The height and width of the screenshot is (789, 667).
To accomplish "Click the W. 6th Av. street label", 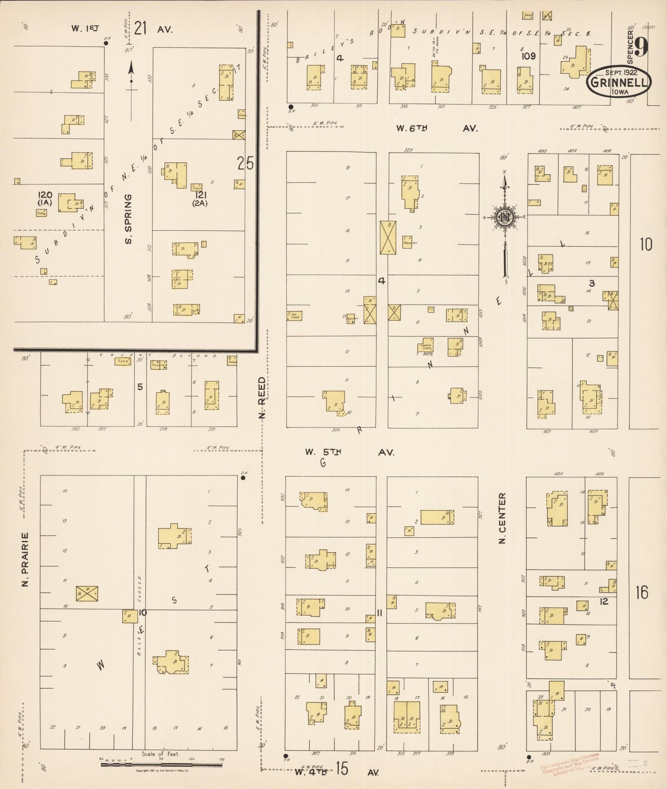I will click(436, 129).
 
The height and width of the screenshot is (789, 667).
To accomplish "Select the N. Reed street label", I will click(262, 398).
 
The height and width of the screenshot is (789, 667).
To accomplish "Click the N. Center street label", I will click(502, 517).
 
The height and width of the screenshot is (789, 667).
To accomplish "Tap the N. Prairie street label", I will click(25, 559).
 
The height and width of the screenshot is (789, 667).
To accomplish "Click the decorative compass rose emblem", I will click(505, 217).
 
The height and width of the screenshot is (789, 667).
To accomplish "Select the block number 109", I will click(529, 56).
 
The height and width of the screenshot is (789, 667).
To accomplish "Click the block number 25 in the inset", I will click(245, 163).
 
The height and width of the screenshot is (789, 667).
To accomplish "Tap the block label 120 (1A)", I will click(45, 199).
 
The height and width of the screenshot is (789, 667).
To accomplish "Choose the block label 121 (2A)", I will click(200, 199).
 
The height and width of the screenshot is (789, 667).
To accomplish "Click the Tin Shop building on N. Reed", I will click(294, 316).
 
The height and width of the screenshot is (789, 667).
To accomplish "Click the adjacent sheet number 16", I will click(642, 592).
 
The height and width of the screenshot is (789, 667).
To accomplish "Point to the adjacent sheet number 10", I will click(646, 244).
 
